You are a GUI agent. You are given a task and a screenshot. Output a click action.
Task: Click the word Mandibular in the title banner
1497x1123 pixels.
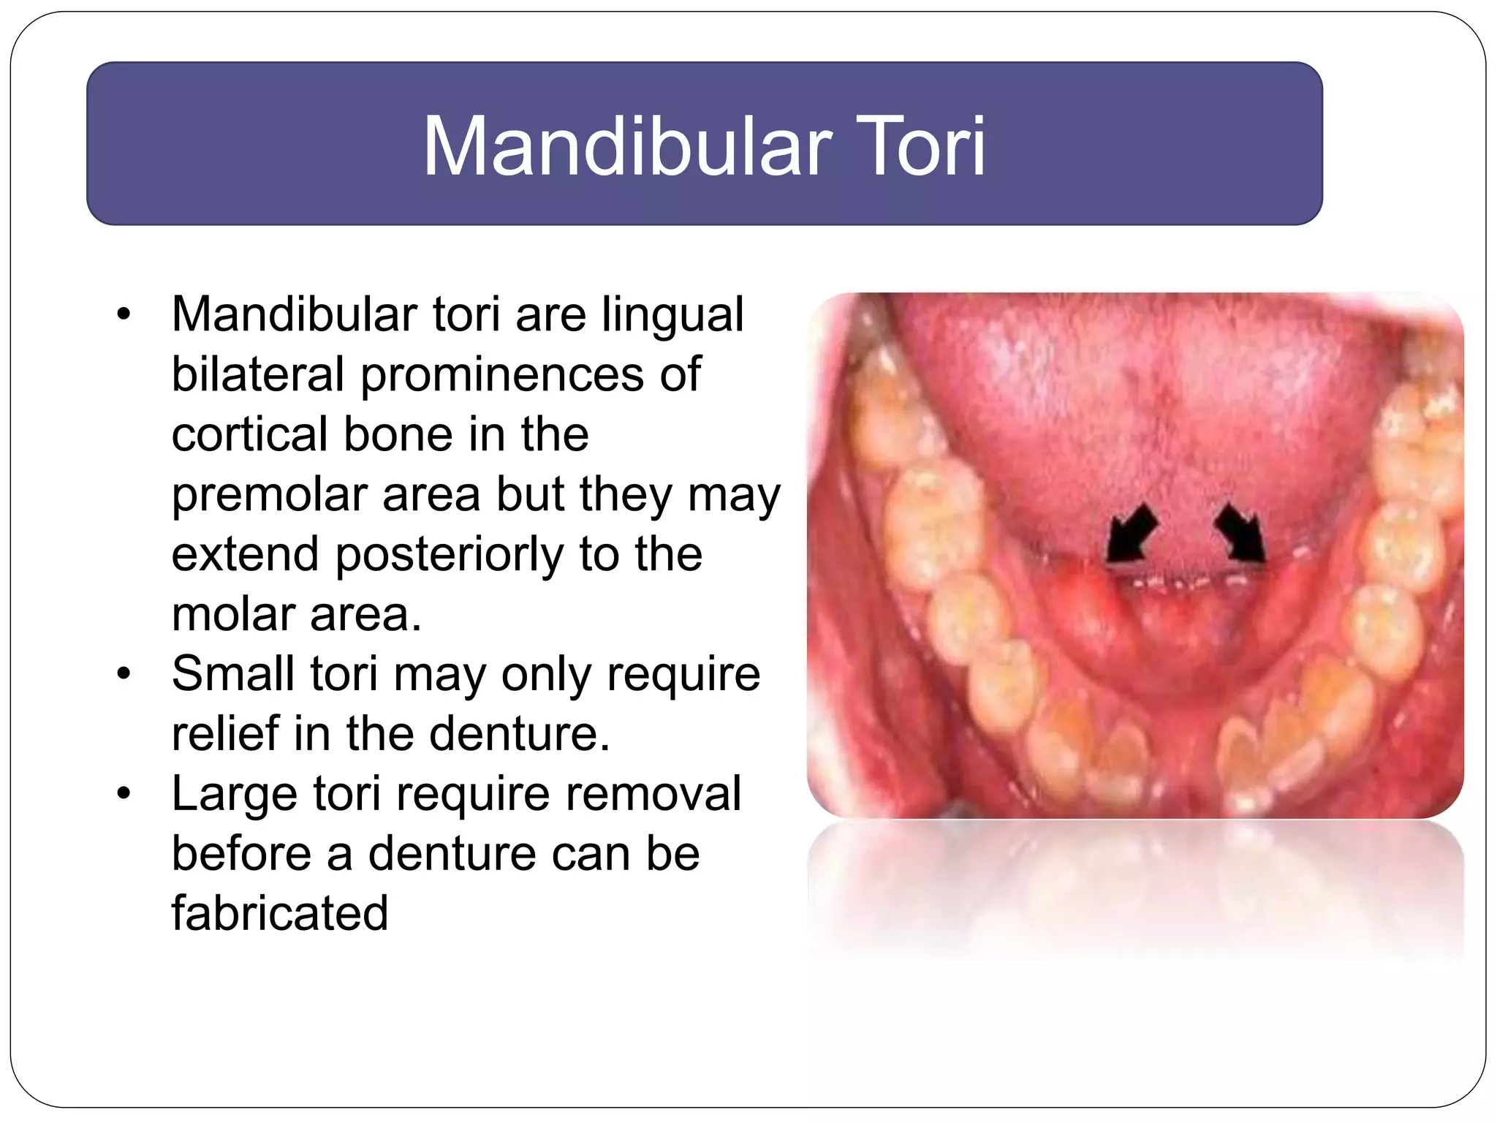pos(627,146)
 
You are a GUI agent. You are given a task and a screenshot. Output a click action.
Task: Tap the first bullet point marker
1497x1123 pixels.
pos(124,314)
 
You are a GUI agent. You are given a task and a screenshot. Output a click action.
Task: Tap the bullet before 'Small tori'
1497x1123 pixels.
pos(124,673)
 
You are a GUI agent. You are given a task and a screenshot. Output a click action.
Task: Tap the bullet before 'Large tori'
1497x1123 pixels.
pos(124,793)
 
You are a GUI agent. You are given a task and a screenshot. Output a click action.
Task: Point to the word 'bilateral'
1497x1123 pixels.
pos(257,374)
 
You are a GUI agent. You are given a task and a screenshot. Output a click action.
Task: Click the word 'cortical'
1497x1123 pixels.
pos(249,434)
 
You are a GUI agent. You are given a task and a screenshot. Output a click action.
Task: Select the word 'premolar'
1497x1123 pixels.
pos(268,496)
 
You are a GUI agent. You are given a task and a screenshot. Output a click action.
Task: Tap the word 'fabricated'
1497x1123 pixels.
pos(279,914)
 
